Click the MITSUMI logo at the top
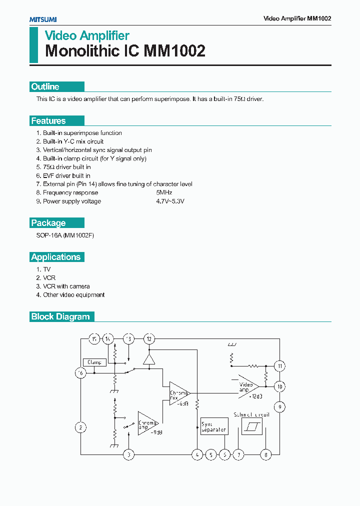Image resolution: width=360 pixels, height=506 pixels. [x=42, y=19]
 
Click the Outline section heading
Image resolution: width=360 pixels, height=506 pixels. [x=45, y=86]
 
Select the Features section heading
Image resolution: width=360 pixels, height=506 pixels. [x=48, y=120]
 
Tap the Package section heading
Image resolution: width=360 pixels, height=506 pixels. [x=48, y=223]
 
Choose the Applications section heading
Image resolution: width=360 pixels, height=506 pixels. [x=56, y=257]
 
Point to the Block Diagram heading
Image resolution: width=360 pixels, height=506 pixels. [x=60, y=316]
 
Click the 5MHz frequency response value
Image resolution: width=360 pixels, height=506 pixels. [x=164, y=192]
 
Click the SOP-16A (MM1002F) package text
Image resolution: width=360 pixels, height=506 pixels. [x=65, y=235]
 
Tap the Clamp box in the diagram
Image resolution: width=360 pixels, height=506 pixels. [x=94, y=362]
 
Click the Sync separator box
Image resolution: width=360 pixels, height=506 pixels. [x=214, y=426]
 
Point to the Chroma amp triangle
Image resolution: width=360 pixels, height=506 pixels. [x=147, y=423]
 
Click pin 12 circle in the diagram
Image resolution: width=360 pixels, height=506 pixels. [x=148, y=339]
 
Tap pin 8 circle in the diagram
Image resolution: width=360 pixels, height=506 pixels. [x=266, y=454]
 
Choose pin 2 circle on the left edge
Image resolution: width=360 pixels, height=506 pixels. [x=80, y=427]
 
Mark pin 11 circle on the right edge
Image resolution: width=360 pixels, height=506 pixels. [x=280, y=366]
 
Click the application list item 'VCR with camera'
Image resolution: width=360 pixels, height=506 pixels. [x=66, y=286]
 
